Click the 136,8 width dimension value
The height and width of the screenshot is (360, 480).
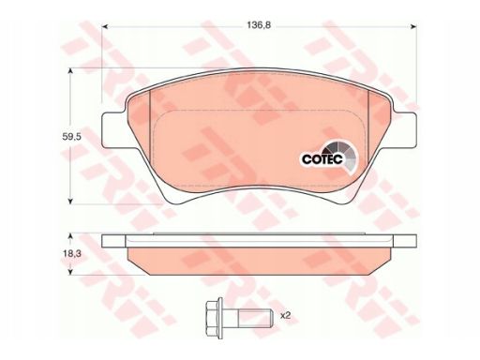pyautogui.click(x=259, y=25)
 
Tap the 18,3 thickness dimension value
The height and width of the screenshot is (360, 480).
pyautogui.click(x=71, y=254)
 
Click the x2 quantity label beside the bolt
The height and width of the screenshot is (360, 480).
pyautogui.click(x=285, y=316)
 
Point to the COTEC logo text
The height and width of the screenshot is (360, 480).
pyautogui.click(x=322, y=159)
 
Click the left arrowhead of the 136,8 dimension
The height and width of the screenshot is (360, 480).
pyautogui.click(x=105, y=26)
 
